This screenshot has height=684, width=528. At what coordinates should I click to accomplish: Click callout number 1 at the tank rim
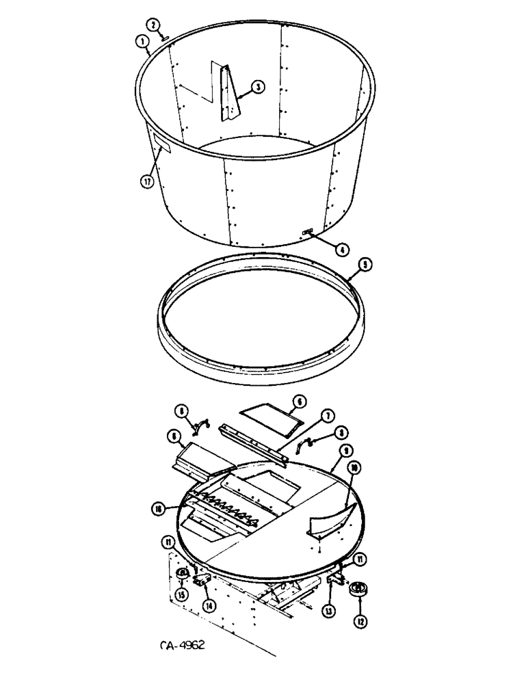tap(144, 42)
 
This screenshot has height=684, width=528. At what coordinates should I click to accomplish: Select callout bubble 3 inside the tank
tap(257, 87)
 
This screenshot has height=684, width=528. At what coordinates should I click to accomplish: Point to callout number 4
tap(340, 250)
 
